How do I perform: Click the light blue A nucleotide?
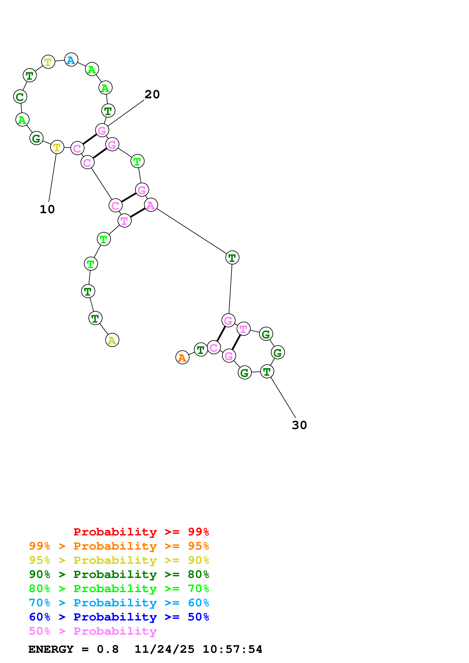tap(71, 60)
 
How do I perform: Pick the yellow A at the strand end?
tap(112, 340)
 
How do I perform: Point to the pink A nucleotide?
tap(151, 205)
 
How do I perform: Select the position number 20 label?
tap(152, 94)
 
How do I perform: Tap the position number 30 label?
tap(299, 425)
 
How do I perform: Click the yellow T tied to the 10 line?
tap(57, 147)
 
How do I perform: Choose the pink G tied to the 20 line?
tap(102, 131)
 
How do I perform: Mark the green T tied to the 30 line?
tap(267, 371)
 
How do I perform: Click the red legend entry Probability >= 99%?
tap(141, 532)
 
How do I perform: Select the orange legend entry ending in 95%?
tap(119, 546)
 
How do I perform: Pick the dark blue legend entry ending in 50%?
tap(119, 617)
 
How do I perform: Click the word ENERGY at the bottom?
tap(51, 649)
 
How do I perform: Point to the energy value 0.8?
tap(107, 649)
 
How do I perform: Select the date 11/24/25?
tap(164, 649)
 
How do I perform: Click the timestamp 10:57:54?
tap(232, 649)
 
